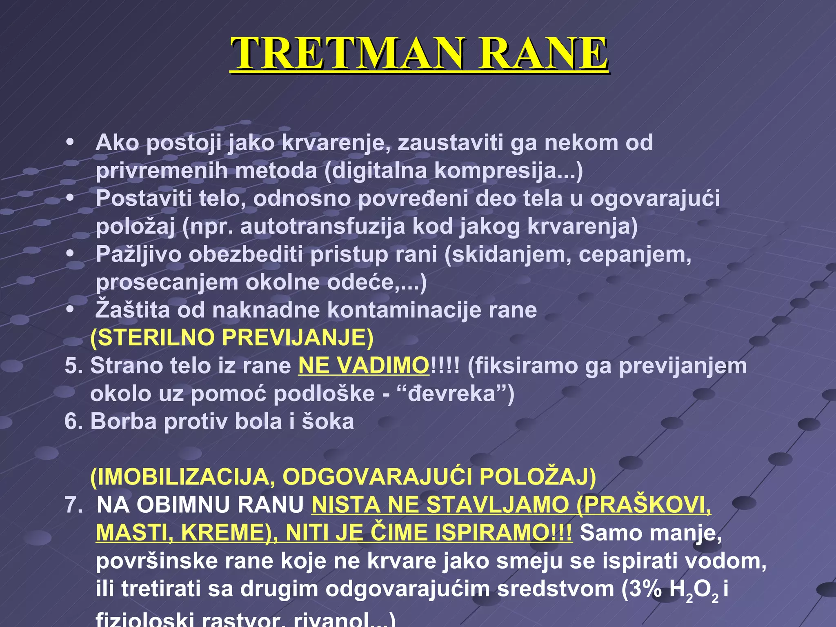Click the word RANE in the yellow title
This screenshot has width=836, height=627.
pos(543,53)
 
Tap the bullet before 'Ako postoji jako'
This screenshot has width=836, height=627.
pos(70,142)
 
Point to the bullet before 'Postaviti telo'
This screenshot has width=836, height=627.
pos(70,198)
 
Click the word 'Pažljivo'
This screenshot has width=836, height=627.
pos(138,255)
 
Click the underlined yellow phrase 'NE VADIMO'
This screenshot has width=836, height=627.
pos(364,366)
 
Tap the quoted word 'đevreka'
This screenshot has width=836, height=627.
pos(451,394)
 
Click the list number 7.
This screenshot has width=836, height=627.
pos(73,505)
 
